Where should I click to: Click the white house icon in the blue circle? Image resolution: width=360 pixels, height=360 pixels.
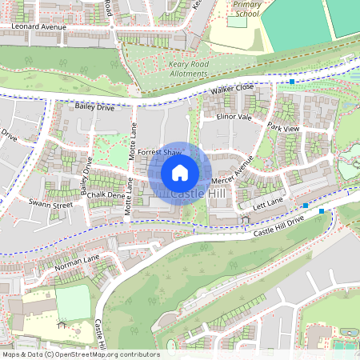pyautogui.click(x=180, y=172)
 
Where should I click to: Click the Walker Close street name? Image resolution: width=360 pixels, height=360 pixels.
pyautogui.click(x=232, y=88)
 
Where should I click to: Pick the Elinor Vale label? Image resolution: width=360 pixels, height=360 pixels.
pyautogui.click(x=234, y=117)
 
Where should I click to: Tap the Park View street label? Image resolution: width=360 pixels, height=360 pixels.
pyautogui.click(x=283, y=128)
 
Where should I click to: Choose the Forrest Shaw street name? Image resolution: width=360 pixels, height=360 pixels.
pyautogui.click(x=159, y=151)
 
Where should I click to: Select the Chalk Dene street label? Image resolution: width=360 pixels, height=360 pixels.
pyautogui.click(x=107, y=194)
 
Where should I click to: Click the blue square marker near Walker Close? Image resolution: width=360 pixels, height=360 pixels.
pyautogui.click(x=293, y=82)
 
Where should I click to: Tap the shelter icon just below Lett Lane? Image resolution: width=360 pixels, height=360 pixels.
pyautogui.click(x=243, y=218)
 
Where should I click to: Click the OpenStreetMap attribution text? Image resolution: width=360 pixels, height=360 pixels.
pyautogui.click(x=81, y=354)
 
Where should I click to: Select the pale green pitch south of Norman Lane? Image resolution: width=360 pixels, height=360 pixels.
pyautogui.click(x=73, y=303)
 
